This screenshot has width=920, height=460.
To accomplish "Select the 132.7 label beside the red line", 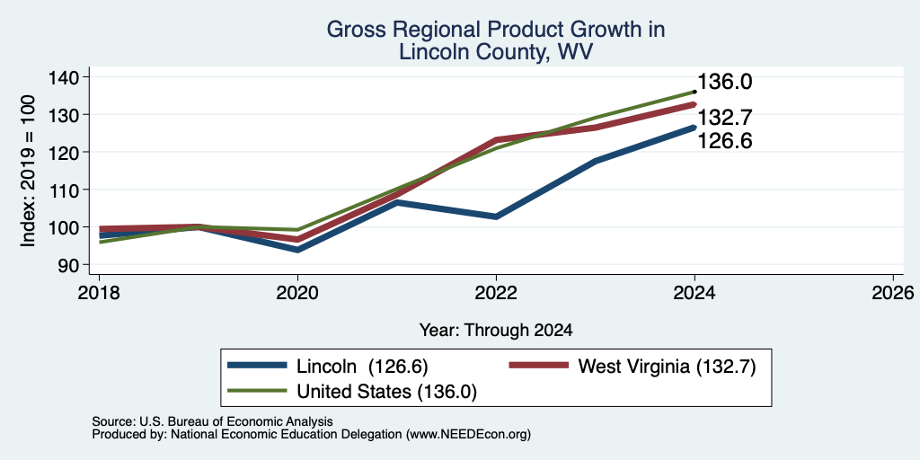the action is [x=725, y=118].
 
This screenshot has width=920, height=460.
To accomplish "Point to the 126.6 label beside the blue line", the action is [x=725, y=141].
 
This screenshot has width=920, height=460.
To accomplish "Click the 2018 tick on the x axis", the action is [x=99, y=292].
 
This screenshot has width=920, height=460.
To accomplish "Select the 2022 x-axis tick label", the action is [x=496, y=292].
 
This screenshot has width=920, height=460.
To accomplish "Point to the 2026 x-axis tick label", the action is [x=893, y=292].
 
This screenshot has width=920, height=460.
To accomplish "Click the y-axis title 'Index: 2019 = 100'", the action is [x=28, y=171].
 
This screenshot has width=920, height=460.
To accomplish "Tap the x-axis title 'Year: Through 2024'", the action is [x=496, y=331].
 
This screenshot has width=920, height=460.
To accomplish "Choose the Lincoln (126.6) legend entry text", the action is [x=363, y=367].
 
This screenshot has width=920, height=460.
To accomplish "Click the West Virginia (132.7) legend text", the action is [x=667, y=367].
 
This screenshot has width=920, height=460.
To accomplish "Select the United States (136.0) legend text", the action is [x=386, y=392].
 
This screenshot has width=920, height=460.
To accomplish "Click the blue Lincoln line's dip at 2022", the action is [x=496, y=217].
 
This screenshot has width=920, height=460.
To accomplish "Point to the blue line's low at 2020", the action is [x=297, y=250].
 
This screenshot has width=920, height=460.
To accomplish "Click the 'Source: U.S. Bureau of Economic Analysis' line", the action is [x=212, y=421].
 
